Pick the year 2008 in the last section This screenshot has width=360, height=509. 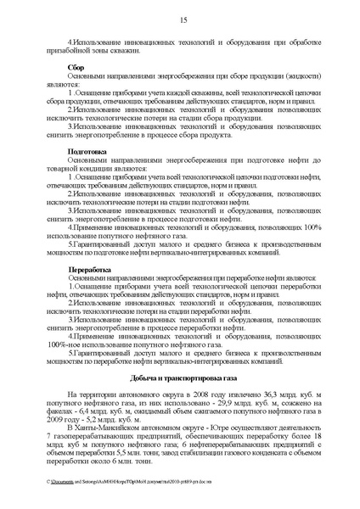(196, 395)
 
